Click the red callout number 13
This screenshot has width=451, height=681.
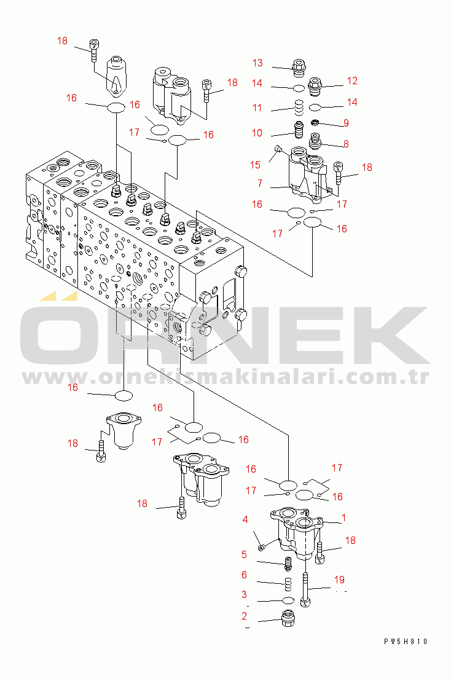pyautogui.click(x=257, y=63)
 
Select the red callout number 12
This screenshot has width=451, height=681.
pyautogui.click(x=352, y=81)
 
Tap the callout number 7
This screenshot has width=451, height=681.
pyautogui.click(x=259, y=183)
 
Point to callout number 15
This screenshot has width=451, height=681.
pyautogui.click(x=255, y=165)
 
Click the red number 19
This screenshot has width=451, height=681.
pyautogui.click(x=339, y=580)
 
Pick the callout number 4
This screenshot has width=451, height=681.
pyautogui.click(x=245, y=519)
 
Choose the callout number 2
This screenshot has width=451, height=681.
pyautogui.click(x=245, y=616)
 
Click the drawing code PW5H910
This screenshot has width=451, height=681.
pyautogui.click(x=406, y=642)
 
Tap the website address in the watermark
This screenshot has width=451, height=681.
pyautogui.click(x=225, y=377)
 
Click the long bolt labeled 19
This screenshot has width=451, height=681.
pyautogui.click(x=305, y=589)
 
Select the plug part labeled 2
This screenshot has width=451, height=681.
pyautogui.click(x=288, y=618)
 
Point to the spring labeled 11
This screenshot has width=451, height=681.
pyautogui.click(x=298, y=108)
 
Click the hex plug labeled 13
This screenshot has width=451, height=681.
pyautogui.click(x=299, y=68)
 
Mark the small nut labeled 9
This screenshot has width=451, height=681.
pyautogui.click(x=316, y=122)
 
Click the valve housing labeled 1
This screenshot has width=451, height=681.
pyautogui.click(x=297, y=530)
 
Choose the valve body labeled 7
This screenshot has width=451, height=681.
pyautogui.click(x=310, y=176)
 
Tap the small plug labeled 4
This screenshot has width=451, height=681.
pyautogui.click(x=261, y=548)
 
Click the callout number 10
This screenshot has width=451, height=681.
pyautogui.click(x=257, y=133)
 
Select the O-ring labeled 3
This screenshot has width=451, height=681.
pyautogui.click(x=288, y=600)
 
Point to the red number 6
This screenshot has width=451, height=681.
pyautogui.click(x=245, y=575)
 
